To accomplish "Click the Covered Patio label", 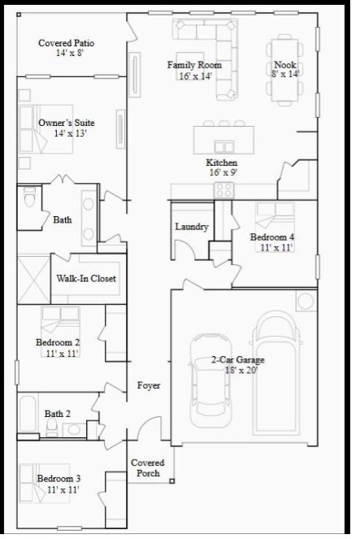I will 66,42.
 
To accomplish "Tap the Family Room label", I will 194,65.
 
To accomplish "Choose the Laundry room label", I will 192,227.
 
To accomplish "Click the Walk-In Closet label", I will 85,278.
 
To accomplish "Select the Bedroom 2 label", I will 57,342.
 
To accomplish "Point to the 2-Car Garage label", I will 237,359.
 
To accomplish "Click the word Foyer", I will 148,385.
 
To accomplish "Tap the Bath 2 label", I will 57,413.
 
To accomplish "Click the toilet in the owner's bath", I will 30,198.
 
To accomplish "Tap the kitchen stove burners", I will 223,189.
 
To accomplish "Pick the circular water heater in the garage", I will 306,302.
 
